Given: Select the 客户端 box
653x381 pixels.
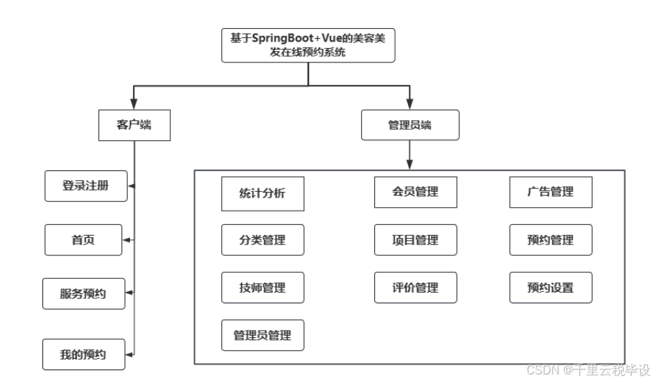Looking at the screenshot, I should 134,126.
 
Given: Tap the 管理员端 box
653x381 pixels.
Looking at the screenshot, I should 409,126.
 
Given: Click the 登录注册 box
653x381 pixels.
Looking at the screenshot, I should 85,185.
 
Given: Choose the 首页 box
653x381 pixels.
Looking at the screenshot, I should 83,240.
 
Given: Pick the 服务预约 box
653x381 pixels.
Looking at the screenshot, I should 83,293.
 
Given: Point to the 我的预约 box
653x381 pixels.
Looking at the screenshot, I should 83,354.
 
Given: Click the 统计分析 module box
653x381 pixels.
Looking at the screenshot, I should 263,193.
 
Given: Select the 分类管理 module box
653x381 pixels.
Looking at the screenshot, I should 263,240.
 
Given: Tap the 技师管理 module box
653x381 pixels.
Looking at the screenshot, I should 263,288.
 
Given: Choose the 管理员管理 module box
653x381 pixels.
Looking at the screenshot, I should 263,336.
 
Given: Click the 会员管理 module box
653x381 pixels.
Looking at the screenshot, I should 415,192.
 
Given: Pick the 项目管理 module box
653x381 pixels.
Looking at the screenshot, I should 415,240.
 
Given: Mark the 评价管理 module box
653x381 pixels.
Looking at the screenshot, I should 415,288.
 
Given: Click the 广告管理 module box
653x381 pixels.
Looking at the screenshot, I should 551,192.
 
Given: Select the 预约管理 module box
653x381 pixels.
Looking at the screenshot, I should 551,240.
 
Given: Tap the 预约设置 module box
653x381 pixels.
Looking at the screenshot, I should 551,288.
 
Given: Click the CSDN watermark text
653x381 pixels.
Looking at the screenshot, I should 588,369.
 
